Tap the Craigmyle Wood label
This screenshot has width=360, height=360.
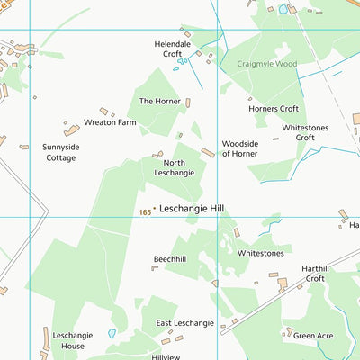(266, 64)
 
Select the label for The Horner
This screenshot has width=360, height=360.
(160, 102)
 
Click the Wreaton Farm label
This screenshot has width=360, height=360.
(111, 121)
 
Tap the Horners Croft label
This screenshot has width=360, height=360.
(274, 109)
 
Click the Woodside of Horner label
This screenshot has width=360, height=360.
(240, 148)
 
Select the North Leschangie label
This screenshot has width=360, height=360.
(174, 166)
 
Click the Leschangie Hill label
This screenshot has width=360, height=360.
(192, 208)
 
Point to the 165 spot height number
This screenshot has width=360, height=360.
(145, 212)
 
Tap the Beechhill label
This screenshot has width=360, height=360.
(170, 259)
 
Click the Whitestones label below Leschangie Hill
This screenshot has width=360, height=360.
(260, 253)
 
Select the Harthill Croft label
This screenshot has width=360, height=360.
(328, 274)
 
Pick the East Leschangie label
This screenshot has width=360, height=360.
(184, 322)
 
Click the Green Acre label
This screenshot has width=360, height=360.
(312, 336)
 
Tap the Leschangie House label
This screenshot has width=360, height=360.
(68, 340)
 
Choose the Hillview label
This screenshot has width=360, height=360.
(166, 356)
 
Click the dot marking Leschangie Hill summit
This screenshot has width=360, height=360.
(155, 209)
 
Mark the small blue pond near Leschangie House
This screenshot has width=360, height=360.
(112, 333)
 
